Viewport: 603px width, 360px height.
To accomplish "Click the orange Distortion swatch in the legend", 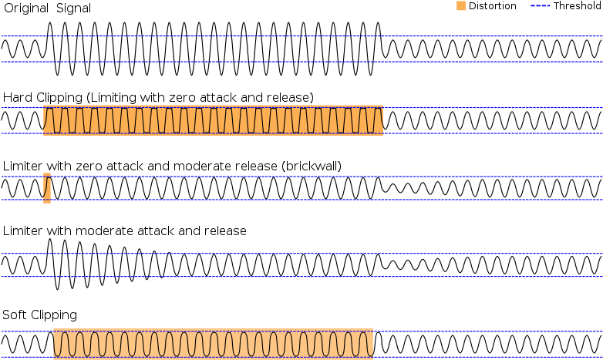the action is tap(460, 5).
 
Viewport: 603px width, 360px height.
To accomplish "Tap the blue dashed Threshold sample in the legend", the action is tap(540, 5).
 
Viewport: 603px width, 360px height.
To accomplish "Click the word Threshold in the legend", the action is tap(577, 5).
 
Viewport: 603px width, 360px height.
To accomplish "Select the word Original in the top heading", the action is tap(26, 8).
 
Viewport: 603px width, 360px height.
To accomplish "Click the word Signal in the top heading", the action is tap(73, 8).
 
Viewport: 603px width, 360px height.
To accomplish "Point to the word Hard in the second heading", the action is tap(18, 97).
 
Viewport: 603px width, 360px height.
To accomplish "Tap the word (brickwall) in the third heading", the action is tap(311, 167).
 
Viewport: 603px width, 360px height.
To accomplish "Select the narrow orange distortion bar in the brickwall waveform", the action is tap(47, 188).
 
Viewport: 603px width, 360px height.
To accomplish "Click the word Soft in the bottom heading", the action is tap(15, 315).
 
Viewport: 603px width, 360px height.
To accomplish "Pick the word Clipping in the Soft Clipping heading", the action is tap(54, 315).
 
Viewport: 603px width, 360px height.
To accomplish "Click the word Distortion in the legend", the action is tap(492, 5).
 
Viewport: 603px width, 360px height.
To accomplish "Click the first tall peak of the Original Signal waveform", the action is tap(49, 23).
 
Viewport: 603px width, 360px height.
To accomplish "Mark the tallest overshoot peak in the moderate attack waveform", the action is tap(49, 240).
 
